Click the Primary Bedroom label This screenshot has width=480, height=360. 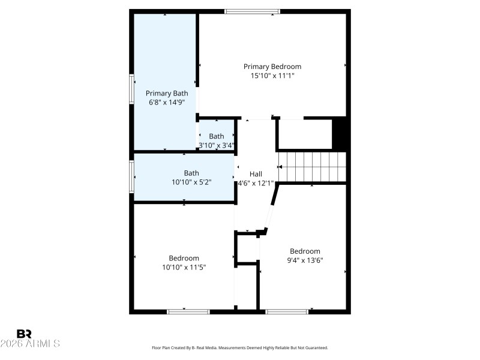(272, 67)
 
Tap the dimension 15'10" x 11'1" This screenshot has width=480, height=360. (272, 76)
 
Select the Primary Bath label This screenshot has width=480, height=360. (167, 93)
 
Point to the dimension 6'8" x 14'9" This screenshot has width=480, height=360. (167, 103)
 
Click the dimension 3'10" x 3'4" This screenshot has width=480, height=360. (216, 145)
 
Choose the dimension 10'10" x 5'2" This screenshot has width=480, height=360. (191, 182)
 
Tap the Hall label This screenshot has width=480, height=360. (256, 173)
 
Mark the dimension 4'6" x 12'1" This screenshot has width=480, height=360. (256, 183)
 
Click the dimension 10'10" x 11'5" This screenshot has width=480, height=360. (184, 268)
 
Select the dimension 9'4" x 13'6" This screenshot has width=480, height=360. (305, 260)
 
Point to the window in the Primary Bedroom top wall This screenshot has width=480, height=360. (252, 11)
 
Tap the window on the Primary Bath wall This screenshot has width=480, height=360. (131, 89)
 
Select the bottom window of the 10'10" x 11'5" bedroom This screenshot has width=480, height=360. (188, 311)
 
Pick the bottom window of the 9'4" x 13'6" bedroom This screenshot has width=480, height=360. (287, 311)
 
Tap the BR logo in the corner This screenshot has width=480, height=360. (24, 334)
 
